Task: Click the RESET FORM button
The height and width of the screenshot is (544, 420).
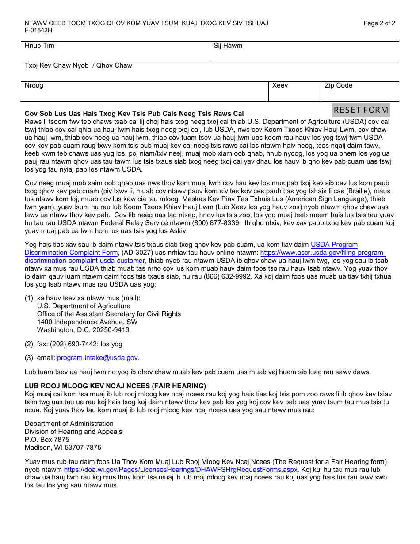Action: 361,110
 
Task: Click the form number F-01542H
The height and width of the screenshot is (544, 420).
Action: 38,31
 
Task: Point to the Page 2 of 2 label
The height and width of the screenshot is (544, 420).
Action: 379,23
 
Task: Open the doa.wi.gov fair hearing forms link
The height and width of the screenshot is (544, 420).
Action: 180,470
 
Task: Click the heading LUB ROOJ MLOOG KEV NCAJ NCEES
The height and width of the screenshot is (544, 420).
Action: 115,386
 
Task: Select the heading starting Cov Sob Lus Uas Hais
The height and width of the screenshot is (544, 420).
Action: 134,114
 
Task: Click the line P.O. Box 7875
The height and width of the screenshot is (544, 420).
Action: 47,439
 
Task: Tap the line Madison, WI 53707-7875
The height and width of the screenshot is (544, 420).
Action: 63,447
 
